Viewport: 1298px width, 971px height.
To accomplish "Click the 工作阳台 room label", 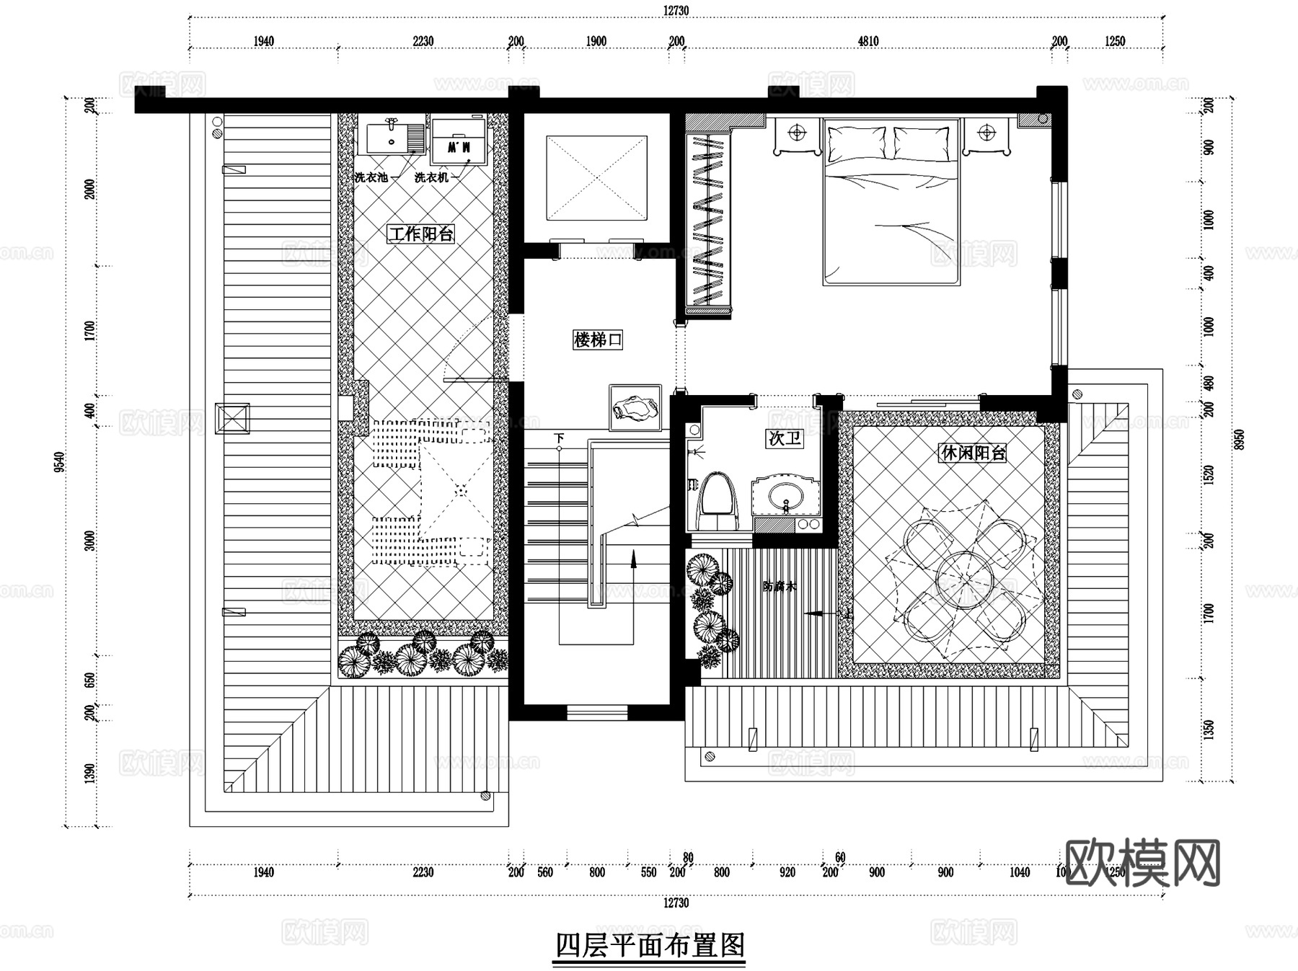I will tap(421, 234).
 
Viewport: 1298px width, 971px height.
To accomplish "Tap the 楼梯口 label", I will tap(597, 340).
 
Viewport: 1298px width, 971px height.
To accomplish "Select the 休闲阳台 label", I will tap(972, 453).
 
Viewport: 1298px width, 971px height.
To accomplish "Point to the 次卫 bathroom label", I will tap(785, 438).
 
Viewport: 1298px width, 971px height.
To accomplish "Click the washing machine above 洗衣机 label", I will tap(459, 144).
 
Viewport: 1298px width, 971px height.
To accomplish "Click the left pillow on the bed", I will tap(857, 143).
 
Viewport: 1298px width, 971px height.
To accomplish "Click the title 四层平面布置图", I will tap(650, 945).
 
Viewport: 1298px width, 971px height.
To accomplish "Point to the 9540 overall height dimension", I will tap(60, 461).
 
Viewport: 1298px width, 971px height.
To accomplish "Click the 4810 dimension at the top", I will tap(868, 41).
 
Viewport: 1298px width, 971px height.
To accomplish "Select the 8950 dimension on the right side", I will tap(1239, 439).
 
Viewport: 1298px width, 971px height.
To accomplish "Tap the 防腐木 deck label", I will tap(779, 587).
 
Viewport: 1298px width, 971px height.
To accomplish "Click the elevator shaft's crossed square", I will tap(596, 178).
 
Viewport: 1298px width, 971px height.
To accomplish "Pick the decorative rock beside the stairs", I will tap(635, 409).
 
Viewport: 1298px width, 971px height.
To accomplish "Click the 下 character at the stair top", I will tap(559, 438).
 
